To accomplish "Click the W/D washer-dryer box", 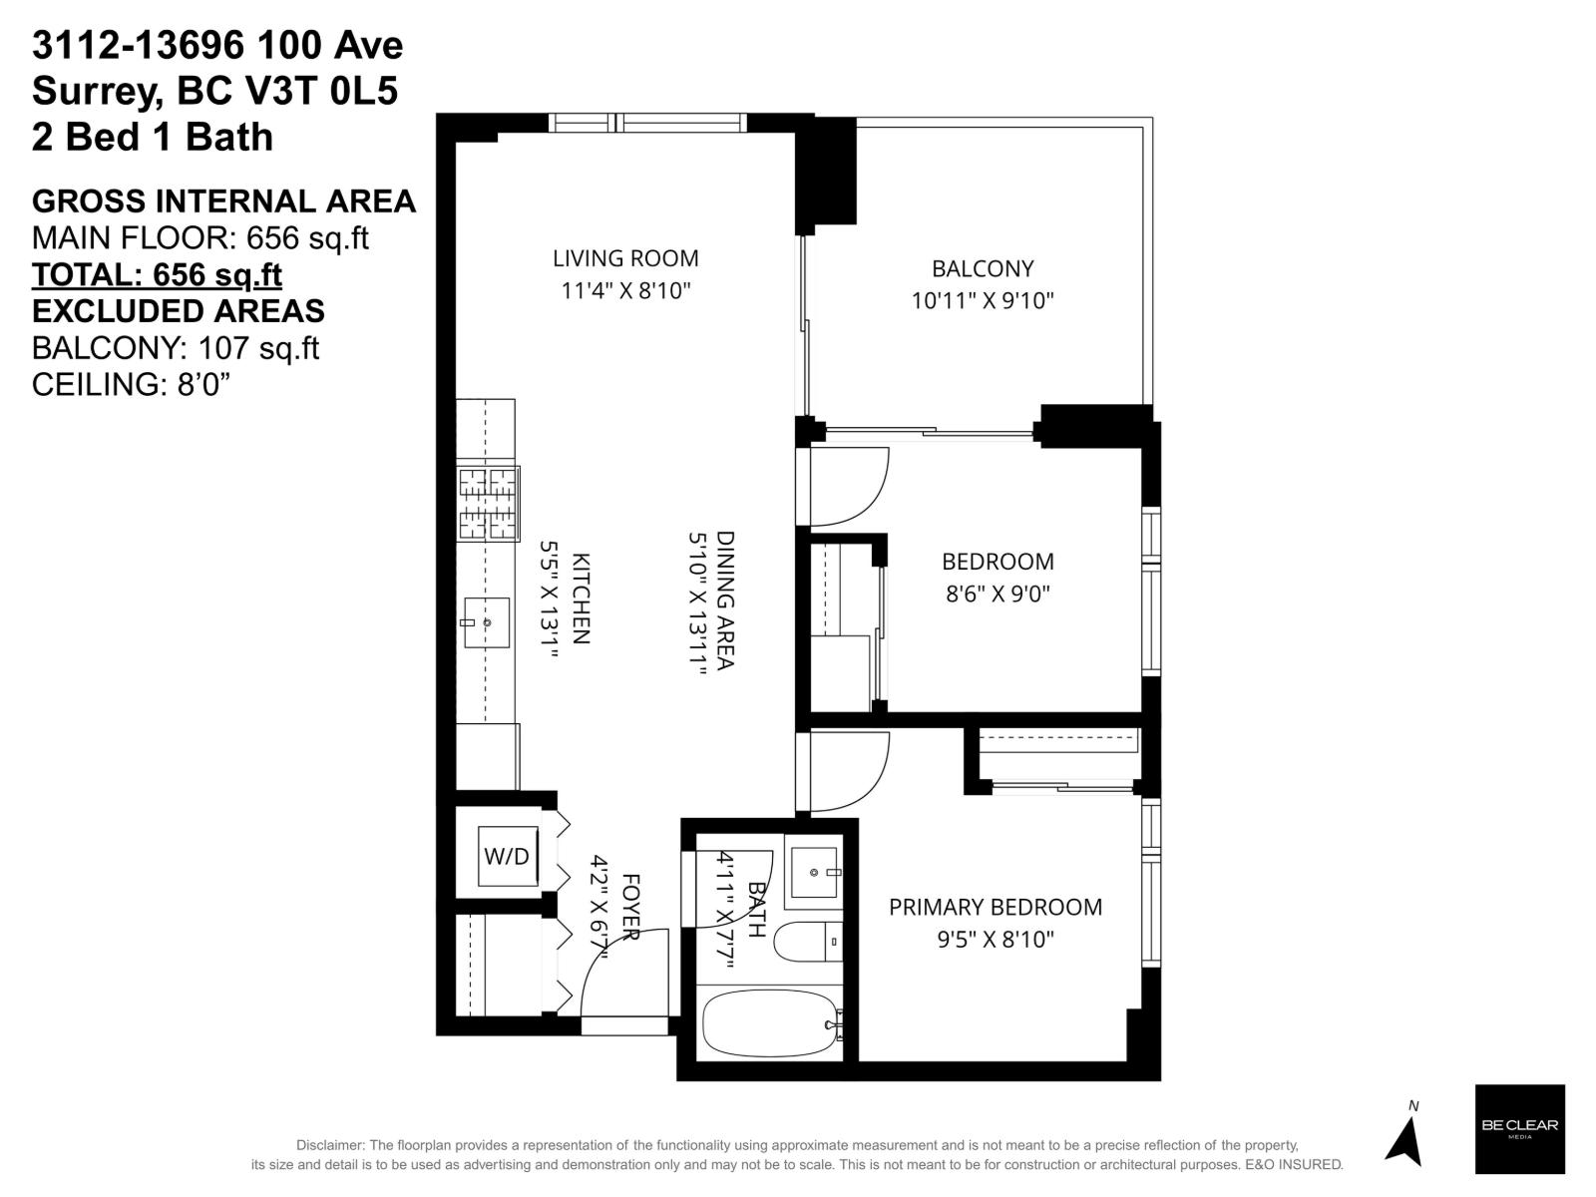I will tap(506, 856).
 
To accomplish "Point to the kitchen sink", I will tap(486, 622).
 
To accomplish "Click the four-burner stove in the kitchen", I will tap(488, 504).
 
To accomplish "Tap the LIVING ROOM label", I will tap(625, 258).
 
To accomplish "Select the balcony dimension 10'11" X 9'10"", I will tap(983, 300).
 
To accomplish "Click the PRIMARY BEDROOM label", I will tap(995, 907).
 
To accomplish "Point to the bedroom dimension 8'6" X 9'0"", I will tap(997, 595).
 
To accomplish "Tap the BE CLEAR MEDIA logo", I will tap(1519, 1128).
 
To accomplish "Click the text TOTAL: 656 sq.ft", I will tap(157, 274).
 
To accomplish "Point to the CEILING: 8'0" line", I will tap(132, 384).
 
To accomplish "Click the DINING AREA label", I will tap(725, 599).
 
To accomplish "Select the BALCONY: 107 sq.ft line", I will tap(175, 348).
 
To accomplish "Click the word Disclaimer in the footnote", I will tap(329, 1145).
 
